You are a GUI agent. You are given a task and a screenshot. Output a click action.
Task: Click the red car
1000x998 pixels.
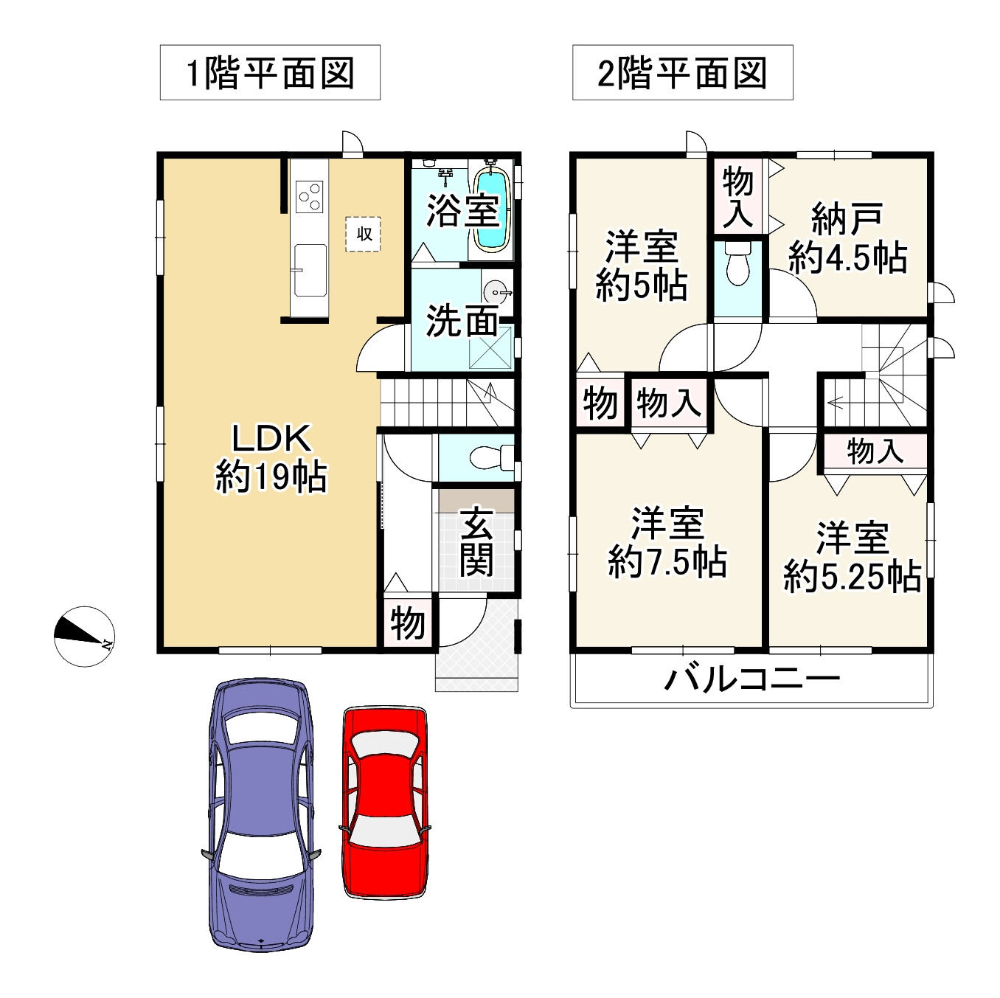[x=385, y=803]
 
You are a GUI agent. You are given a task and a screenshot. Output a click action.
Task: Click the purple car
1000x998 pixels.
[x=261, y=814]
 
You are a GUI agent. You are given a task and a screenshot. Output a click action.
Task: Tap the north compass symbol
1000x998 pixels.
[x=84, y=636]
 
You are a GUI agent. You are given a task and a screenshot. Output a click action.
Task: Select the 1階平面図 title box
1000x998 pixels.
[x=270, y=73]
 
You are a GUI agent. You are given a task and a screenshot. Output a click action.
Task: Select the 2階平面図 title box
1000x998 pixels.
[x=682, y=73]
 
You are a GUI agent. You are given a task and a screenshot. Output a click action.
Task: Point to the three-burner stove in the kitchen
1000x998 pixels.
[x=310, y=196]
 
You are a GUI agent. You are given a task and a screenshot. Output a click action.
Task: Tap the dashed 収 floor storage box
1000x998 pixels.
[x=364, y=235]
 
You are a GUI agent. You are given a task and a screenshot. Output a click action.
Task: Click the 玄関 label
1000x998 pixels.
[x=476, y=541]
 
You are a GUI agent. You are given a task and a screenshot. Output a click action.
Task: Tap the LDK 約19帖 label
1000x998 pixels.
[x=271, y=457]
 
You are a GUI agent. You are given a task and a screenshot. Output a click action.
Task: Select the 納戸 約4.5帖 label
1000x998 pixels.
[x=847, y=238]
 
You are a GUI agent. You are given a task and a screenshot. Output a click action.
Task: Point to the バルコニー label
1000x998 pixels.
[x=751, y=678]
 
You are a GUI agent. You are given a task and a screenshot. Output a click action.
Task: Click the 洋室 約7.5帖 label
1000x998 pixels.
[x=667, y=543]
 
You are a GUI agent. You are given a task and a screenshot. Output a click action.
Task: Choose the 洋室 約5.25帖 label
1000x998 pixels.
[x=852, y=557]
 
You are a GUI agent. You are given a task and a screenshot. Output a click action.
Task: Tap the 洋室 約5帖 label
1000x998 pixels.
[x=641, y=266]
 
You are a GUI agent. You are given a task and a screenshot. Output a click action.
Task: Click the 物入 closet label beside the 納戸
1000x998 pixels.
[x=737, y=196]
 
